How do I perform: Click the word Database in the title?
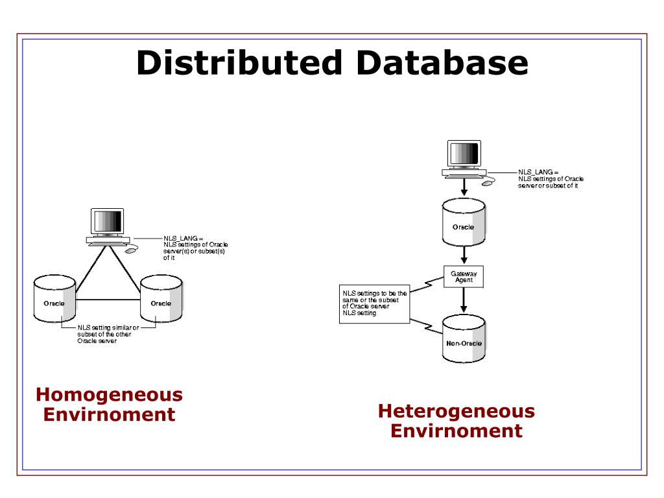tap(440, 64)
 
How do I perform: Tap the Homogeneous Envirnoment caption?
tap(109, 404)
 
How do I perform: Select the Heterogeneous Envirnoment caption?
tap(456, 420)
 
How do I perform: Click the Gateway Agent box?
tap(464, 277)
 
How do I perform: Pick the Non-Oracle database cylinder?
tap(464, 340)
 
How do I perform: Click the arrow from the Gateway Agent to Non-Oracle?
tap(464, 301)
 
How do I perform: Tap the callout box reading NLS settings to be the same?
tap(375, 303)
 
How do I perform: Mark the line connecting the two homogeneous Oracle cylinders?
tap(108, 300)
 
